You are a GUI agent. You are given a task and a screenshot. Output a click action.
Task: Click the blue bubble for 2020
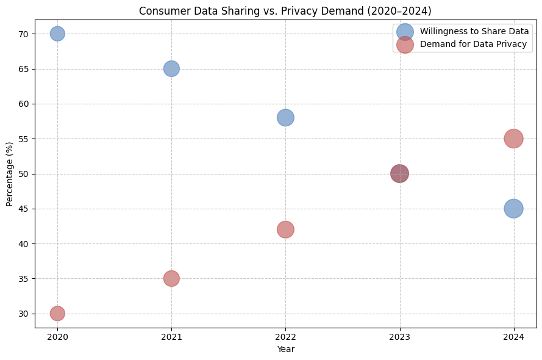tap(57, 34)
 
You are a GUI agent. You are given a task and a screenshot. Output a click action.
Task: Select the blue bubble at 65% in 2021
tap(171, 68)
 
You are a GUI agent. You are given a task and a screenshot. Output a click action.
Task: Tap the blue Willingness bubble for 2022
tap(285, 117)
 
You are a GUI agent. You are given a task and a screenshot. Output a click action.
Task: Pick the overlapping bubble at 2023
tap(399, 173)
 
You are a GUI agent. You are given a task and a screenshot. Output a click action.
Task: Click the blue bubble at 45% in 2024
tap(513, 208)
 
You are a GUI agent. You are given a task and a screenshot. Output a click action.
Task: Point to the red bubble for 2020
tap(57, 313)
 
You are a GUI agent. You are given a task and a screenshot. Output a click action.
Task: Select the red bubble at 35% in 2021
tap(171, 278)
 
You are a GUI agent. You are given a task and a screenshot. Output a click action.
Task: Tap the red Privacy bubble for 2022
tap(285, 229)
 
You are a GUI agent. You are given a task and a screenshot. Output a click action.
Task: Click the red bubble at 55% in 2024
tap(513, 139)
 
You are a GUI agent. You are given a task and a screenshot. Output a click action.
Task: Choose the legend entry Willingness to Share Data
tap(474, 31)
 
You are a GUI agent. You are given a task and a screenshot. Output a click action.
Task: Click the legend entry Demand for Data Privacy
tap(473, 44)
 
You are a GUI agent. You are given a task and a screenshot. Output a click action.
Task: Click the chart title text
tap(285, 11)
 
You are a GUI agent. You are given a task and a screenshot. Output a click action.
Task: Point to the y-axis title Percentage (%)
tap(10, 174)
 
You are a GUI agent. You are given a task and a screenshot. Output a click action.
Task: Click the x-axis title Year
tap(285, 349)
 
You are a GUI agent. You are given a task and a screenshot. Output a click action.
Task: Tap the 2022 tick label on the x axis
tap(285, 336)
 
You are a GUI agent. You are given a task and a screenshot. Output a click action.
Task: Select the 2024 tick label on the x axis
tap(513, 336)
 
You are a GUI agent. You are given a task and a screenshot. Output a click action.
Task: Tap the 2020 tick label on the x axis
tap(57, 336)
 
